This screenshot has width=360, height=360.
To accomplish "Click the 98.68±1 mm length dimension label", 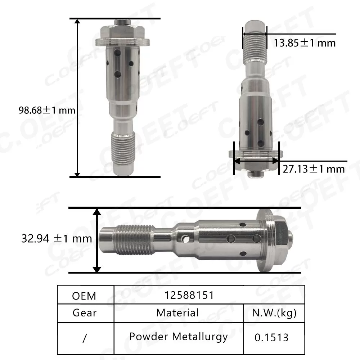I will click(47, 110).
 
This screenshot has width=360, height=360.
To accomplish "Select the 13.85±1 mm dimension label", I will click(304, 43).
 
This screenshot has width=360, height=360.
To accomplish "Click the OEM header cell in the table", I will click(84, 296).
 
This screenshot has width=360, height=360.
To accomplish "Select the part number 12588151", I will click(189, 295).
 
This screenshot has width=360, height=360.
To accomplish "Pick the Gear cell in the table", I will click(85, 312).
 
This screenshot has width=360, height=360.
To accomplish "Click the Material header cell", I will click(177, 312).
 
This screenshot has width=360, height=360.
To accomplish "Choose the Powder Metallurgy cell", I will click(178, 337).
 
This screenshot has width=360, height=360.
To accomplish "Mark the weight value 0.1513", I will click(271, 337).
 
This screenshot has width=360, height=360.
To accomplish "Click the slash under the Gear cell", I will click(85, 339).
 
